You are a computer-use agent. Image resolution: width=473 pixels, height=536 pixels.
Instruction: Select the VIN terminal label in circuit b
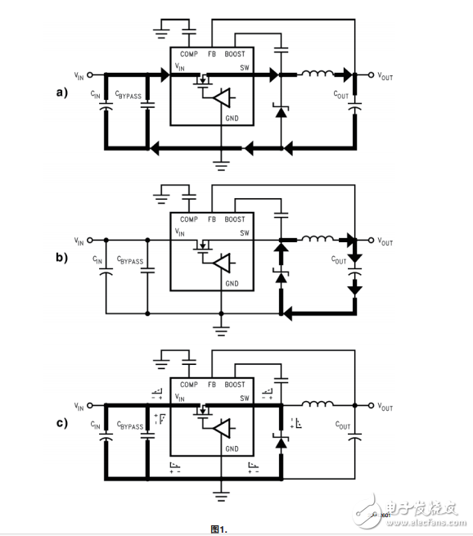[x=79, y=241]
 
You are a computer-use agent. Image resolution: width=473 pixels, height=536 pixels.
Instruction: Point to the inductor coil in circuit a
[x=316, y=74]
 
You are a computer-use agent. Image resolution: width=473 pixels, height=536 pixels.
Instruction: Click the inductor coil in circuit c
[x=316, y=405]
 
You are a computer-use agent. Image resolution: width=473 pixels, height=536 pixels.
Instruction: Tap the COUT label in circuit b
[x=339, y=261]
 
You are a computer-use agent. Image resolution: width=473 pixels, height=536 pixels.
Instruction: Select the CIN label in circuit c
[x=97, y=426]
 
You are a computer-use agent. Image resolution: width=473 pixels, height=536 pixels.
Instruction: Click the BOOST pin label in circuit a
[x=235, y=53]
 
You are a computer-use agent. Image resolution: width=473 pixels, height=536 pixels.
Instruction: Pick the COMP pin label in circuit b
[x=188, y=219]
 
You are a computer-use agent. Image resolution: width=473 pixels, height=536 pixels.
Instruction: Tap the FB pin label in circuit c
[x=212, y=385]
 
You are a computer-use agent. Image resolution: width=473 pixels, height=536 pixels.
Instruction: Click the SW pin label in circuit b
[x=243, y=232]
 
